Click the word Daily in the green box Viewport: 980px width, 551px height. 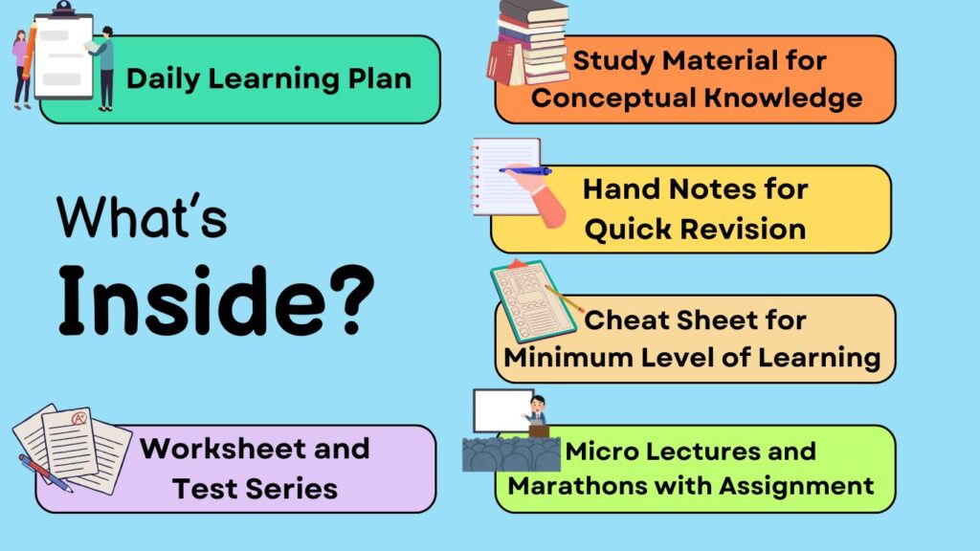point(163,79)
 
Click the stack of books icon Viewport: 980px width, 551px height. point(528,42)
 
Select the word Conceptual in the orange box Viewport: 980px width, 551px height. point(613,98)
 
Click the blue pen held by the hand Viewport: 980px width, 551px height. point(525,170)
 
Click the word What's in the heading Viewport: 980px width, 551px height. point(142,216)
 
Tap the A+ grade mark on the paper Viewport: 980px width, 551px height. point(79,418)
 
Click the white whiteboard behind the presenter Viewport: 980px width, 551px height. point(501,410)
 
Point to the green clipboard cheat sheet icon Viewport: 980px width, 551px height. point(533,301)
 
